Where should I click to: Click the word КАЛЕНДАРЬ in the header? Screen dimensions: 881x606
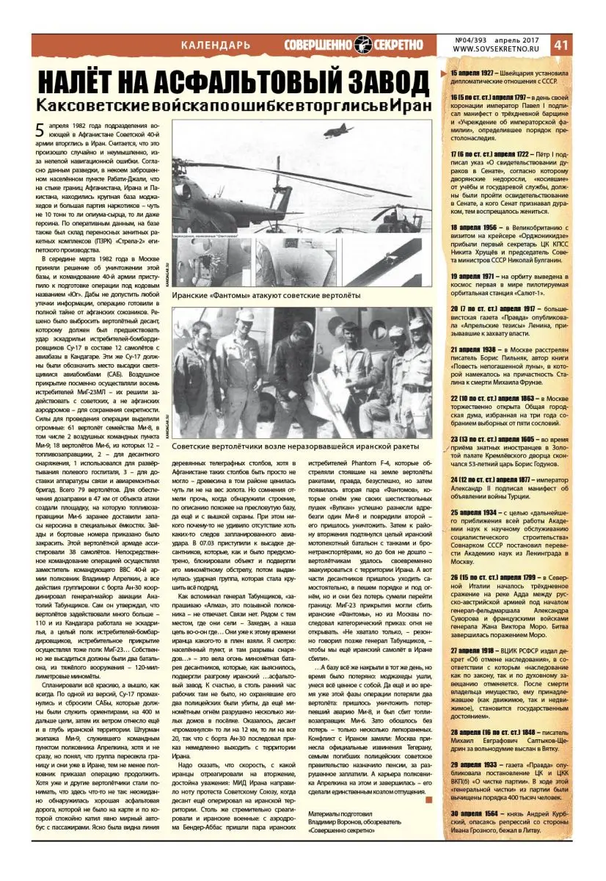coord(216,46)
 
